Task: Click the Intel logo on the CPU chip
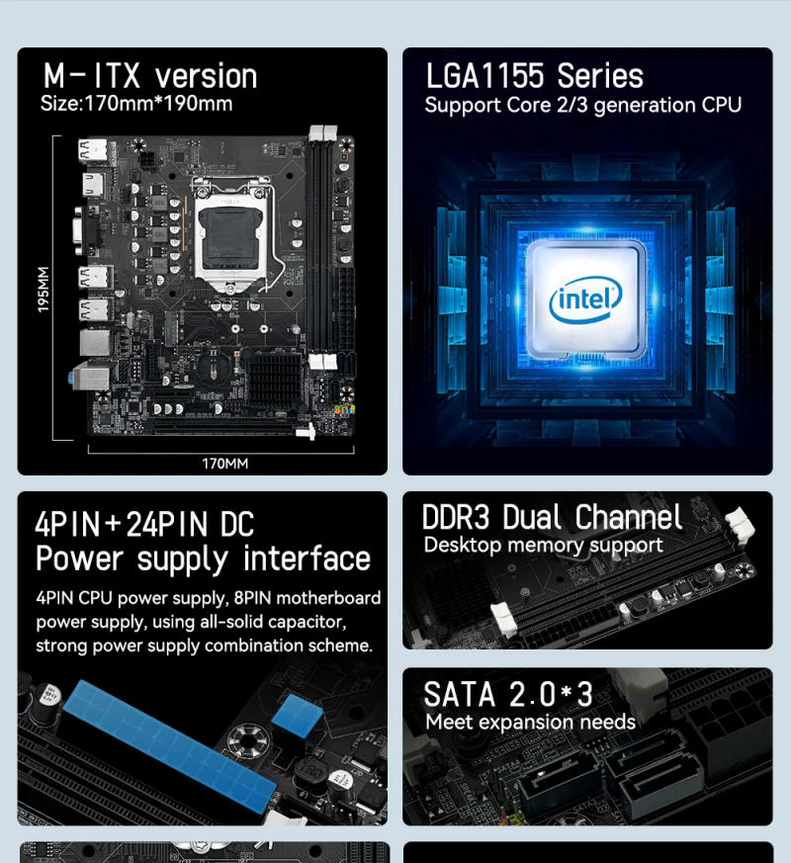point(585,299)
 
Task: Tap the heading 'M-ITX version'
point(149,76)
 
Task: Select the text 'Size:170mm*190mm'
point(136,104)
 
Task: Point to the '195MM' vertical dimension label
point(44,290)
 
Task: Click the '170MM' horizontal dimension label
point(224,463)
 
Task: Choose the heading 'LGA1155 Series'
point(534,76)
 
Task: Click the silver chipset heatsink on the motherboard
point(273,376)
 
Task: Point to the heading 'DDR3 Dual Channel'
point(552,517)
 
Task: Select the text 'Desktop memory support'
point(543,546)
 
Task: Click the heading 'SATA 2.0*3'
point(508,694)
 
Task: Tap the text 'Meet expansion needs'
point(530,722)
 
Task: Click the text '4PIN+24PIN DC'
point(144,524)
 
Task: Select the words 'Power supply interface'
point(203,559)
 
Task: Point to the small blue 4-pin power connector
point(294,714)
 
